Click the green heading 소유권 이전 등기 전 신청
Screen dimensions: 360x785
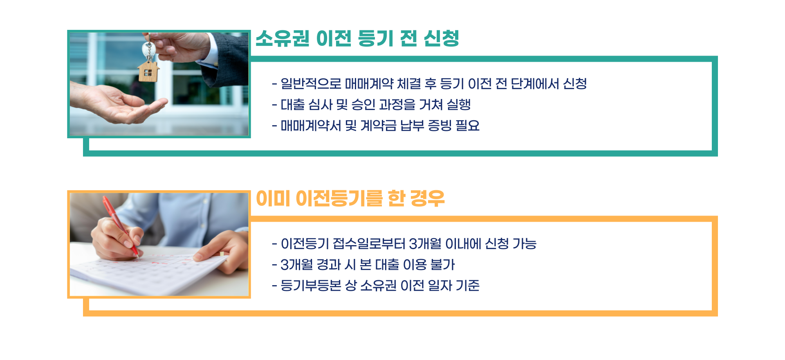[357, 39]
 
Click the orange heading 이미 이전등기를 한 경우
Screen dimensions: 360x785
[350, 199]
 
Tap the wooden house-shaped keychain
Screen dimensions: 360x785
[148, 71]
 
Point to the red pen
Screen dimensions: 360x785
[120, 225]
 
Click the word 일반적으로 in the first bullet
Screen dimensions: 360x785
[311, 84]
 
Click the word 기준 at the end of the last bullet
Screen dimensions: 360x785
[467, 286]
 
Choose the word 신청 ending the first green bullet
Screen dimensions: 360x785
[575, 84]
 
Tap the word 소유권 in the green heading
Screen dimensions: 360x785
[283, 39]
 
